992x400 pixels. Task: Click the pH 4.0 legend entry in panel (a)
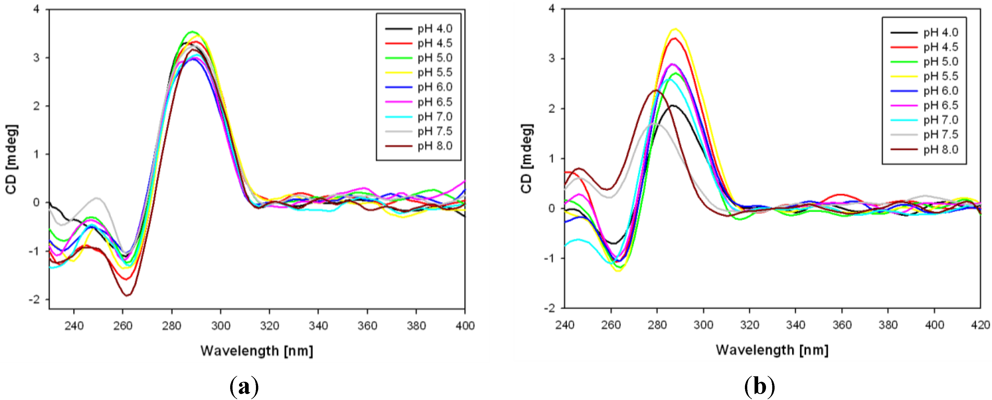(434, 28)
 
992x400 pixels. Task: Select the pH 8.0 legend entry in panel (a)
(434, 146)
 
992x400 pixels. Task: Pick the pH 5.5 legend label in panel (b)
(940, 76)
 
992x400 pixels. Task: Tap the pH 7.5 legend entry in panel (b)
(940, 135)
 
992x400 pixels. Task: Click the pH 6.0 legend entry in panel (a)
(434, 87)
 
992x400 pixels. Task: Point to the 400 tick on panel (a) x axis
(465, 326)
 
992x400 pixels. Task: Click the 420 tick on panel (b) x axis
(980, 325)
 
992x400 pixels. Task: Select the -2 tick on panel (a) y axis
(36, 299)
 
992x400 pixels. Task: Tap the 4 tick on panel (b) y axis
(551, 9)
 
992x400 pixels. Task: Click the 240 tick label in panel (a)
(74, 326)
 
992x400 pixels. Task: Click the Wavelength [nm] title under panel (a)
(256, 351)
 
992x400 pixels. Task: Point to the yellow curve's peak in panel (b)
(675, 29)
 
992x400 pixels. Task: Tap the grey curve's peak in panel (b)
(654, 124)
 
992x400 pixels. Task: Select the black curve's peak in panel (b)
(672, 105)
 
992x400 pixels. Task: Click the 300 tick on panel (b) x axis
(703, 325)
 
